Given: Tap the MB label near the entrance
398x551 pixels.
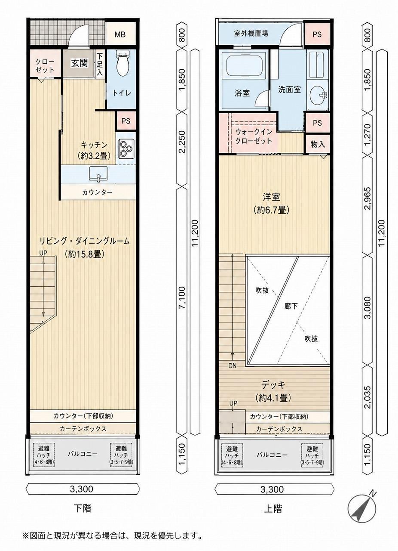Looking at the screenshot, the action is coord(120,35).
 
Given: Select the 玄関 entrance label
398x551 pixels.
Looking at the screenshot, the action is coord(80,63).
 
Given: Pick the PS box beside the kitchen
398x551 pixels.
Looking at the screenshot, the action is coord(126,121).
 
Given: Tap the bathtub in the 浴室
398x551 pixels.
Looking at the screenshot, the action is coord(245,66).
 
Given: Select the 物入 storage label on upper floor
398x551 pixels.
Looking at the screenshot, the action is coord(318,144).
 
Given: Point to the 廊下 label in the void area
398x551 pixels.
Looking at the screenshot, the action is coord(291,306).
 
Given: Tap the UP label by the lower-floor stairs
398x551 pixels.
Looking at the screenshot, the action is coord(43,253).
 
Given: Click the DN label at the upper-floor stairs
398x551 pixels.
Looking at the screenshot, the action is coord(233,365).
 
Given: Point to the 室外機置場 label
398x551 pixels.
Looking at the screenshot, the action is coord(251,34).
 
